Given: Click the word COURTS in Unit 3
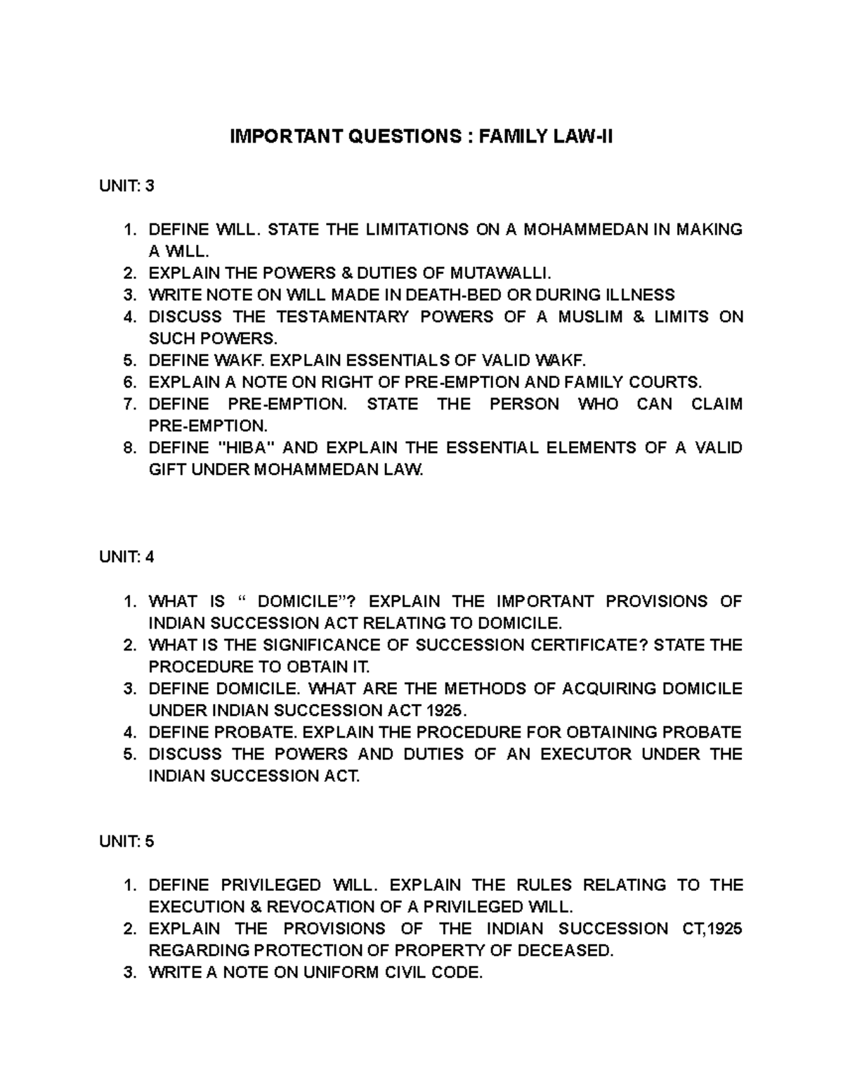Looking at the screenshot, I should click(x=667, y=382).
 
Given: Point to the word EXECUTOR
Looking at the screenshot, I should click(x=576, y=754).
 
